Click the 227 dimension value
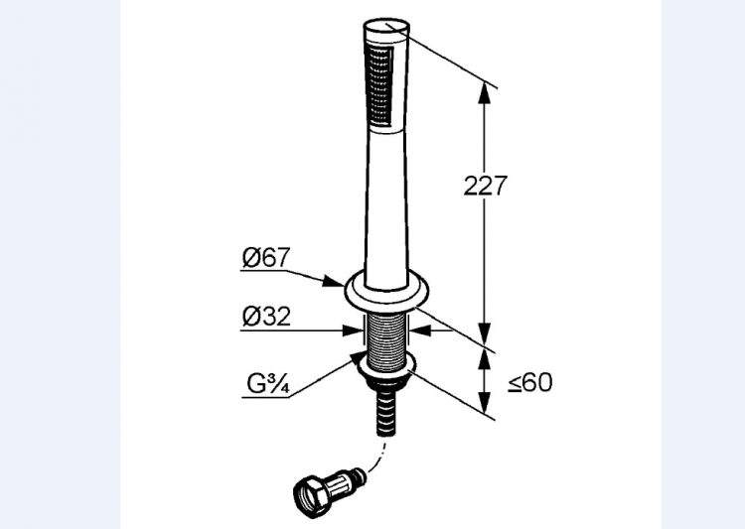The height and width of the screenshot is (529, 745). point(486,186)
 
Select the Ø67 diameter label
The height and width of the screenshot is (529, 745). point(265,258)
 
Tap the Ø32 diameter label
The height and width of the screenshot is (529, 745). point(266,317)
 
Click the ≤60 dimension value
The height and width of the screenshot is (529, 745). point(530,382)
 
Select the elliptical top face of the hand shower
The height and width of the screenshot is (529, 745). point(386,26)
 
